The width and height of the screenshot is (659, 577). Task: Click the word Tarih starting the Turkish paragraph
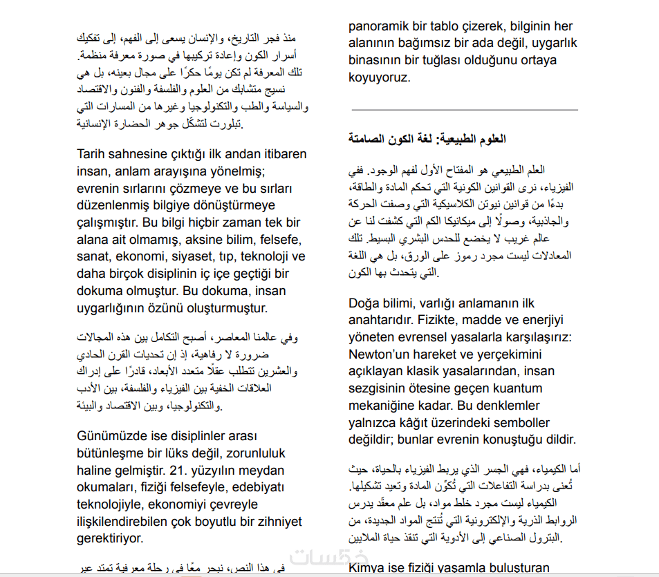click(x=92, y=154)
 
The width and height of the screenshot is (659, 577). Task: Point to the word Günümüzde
click(x=109, y=437)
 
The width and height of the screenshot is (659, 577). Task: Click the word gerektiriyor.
click(x=110, y=538)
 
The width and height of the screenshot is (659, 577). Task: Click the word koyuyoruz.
click(x=380, y=78)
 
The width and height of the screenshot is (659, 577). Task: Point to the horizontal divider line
click(x=464, y=110)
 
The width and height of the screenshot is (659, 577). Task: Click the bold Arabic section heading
click(x=427, y=139)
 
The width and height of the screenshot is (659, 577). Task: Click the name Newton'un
click(x=380, y=354)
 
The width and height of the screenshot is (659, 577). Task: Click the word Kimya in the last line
click(x=369, y=569)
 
